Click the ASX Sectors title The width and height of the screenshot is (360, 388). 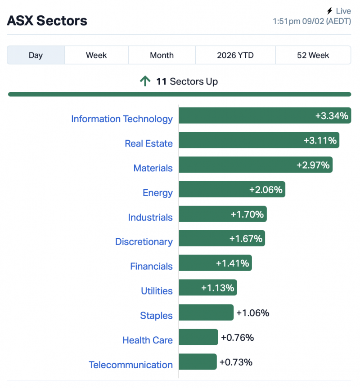tap(47, 21)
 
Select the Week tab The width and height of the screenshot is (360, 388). tap(96, 55)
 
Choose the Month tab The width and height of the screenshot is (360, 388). tap(162, 55)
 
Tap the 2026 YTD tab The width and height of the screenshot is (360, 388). tap(235, 55)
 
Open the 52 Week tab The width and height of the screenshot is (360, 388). tap(313, 55)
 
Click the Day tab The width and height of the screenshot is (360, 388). tap(36, 55)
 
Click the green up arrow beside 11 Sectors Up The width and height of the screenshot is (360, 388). tap(145, 81)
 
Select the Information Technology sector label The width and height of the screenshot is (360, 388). tap(121, 119)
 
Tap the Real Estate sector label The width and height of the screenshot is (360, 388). tap(148, 143)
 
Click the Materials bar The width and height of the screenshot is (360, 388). tap(255, 165)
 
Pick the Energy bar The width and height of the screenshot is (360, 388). tap(232, 190)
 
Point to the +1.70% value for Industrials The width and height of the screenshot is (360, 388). tap(247, 214)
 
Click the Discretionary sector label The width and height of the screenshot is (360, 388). tap(144, 242)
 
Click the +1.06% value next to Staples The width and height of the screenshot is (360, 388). tap(252, 313)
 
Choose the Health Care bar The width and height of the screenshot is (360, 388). tap(198, 337)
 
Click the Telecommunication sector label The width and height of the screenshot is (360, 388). tap(130, 365)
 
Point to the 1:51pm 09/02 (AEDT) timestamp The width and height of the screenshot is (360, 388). tap(311, 21)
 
